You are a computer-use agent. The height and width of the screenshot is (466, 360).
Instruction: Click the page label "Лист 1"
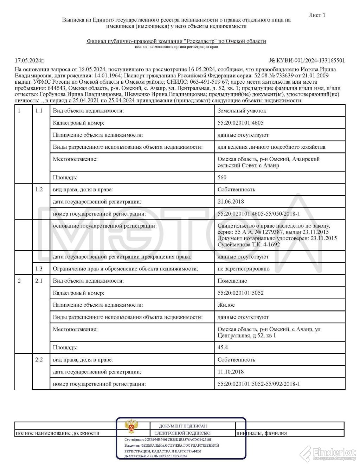317,15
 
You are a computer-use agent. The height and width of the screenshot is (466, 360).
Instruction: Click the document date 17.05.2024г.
30,60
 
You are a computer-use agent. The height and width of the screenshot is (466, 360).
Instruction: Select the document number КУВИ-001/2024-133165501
307,60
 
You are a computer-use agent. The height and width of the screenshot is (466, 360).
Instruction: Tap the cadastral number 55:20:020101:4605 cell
240,123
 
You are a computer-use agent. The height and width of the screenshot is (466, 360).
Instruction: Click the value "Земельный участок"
242,111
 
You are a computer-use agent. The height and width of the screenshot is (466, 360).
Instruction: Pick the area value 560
222,178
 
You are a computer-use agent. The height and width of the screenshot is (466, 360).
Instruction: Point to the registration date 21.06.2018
231,202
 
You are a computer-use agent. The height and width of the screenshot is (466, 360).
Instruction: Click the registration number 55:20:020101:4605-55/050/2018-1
259,214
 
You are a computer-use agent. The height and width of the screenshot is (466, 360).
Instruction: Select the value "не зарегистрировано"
244,269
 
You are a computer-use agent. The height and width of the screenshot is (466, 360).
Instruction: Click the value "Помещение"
232,281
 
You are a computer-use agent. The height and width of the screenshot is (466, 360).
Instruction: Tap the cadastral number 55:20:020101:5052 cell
240,293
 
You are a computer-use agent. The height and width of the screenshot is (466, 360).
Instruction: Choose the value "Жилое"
226,305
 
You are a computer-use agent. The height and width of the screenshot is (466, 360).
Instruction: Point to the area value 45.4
223,347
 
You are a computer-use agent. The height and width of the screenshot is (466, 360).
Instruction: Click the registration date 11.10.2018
231,372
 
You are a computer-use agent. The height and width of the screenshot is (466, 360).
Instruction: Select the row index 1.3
39,269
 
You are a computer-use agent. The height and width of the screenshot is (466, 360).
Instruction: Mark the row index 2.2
39,359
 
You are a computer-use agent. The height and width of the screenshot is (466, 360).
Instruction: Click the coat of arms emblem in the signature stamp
131,426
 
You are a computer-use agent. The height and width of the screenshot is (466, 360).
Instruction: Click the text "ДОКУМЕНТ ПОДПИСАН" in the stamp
183,426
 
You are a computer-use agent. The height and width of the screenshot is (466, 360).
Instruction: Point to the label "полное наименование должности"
58,433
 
